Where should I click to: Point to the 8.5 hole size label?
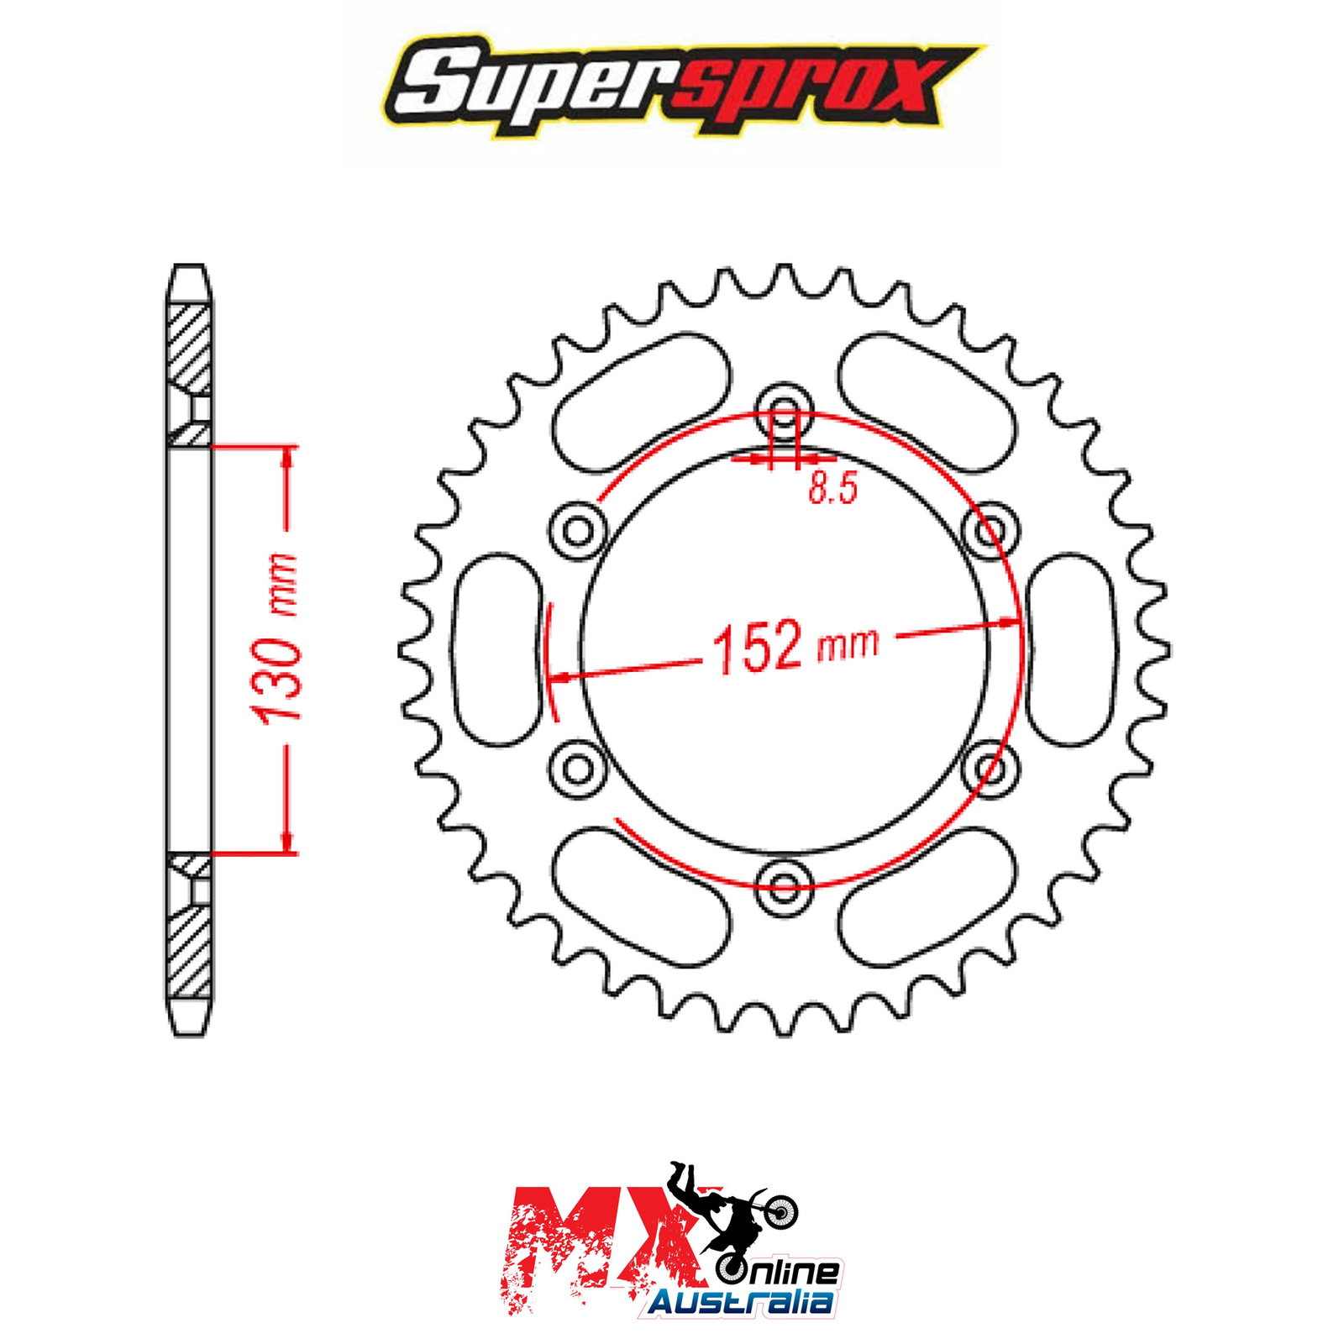pos(832,488)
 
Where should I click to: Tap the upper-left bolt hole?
pos(578,530)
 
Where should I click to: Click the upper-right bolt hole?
pos(991,530)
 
